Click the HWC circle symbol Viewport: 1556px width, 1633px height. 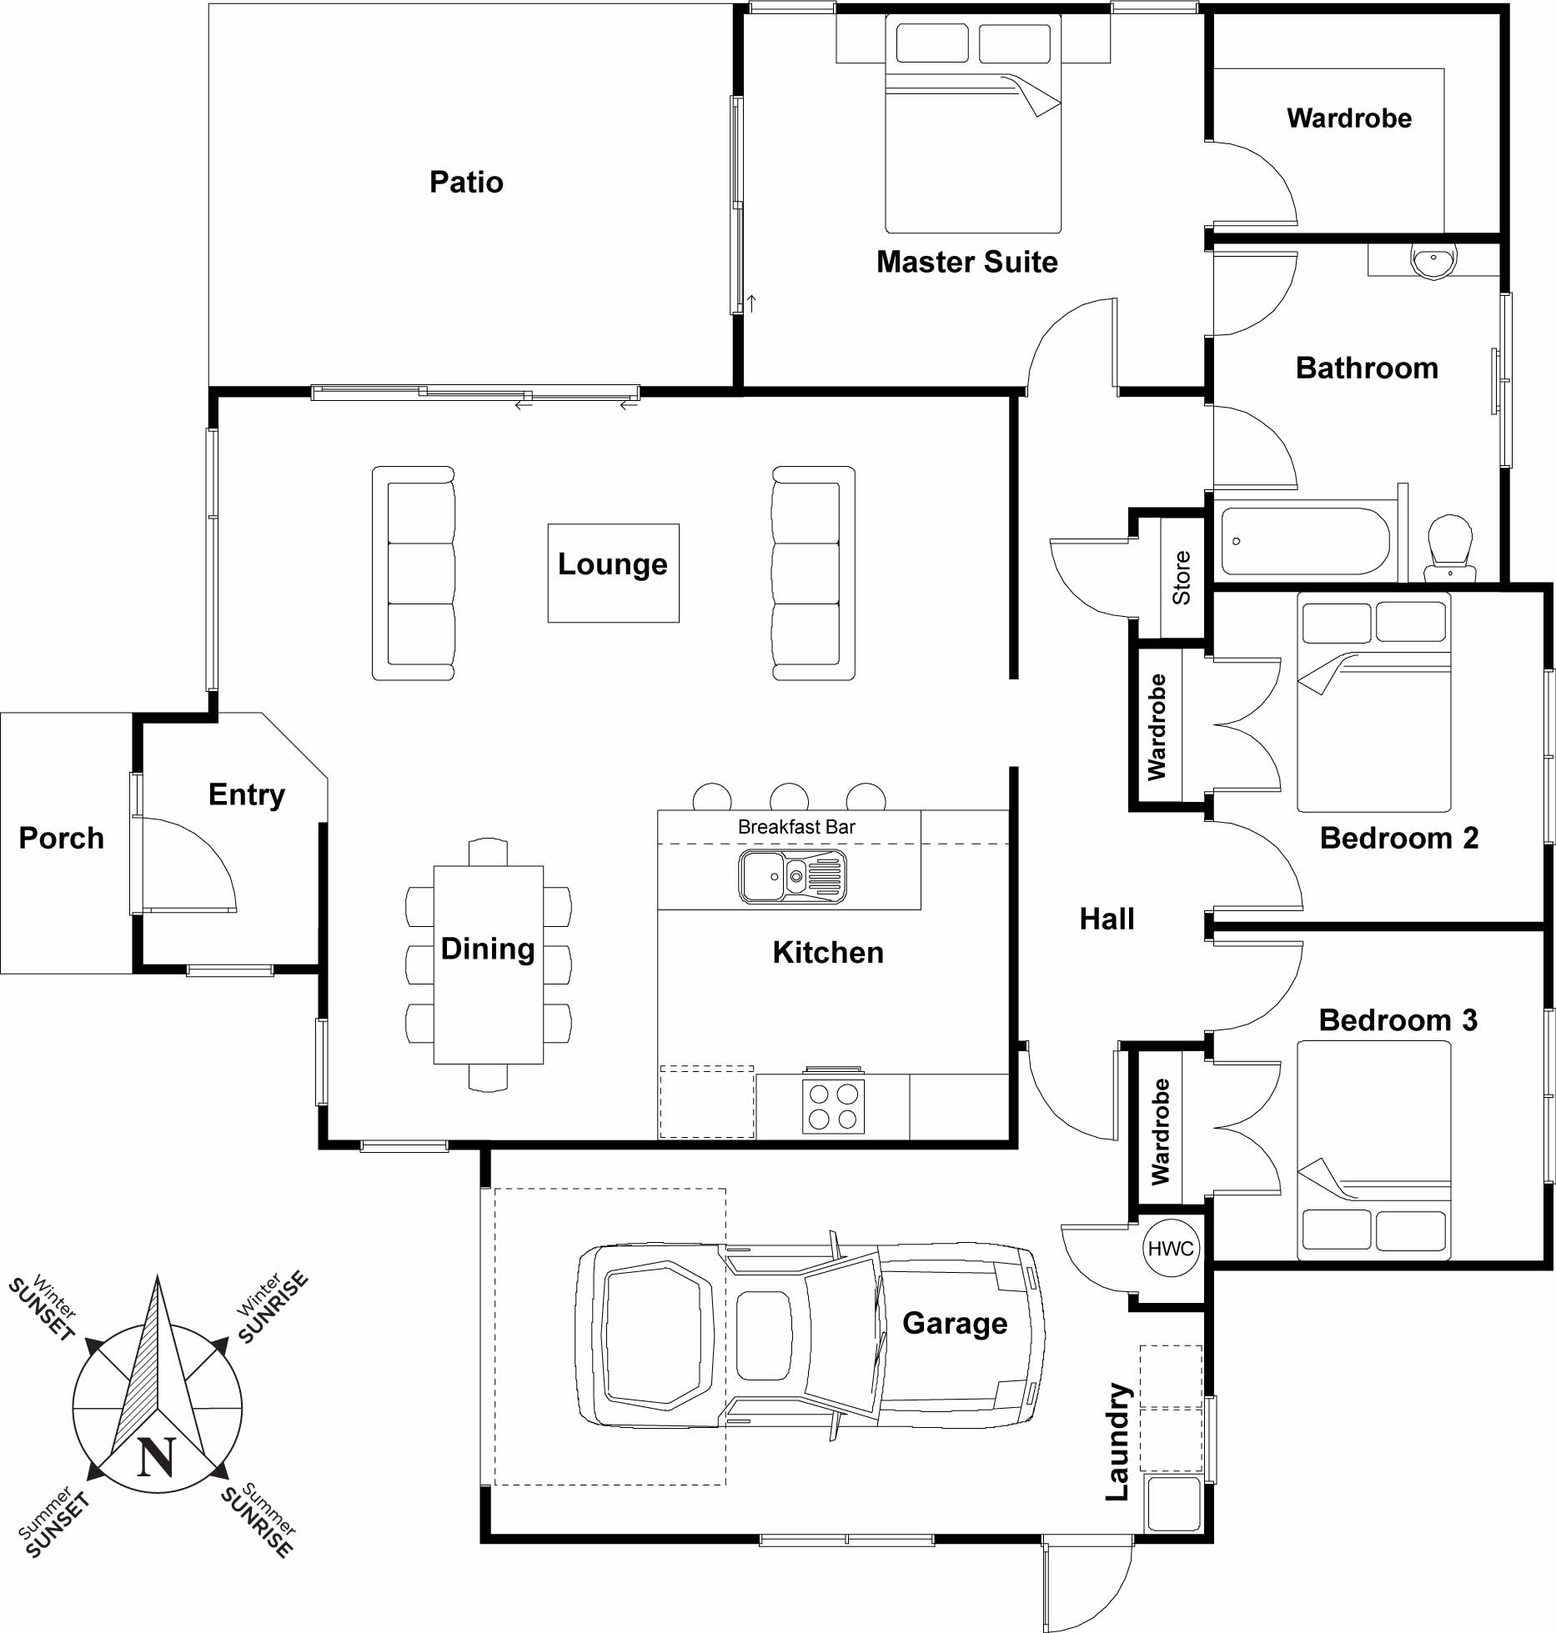tap(1171, 1248)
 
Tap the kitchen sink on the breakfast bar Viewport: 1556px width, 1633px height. tap(792, 876)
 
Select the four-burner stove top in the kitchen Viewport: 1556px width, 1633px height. tap(833, 1106)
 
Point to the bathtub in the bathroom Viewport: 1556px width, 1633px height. tap(1305, 541)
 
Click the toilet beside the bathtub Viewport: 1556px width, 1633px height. tap(1450, 548)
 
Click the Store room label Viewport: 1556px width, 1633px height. tap(1181, 578)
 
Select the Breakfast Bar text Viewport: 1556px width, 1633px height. tap(796, 827)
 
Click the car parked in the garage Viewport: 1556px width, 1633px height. tap(810, 1335)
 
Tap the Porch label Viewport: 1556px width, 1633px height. tap(62, 838)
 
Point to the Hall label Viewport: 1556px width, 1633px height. tap(1107, 919)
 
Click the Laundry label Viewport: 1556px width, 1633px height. tap(1118, 1441)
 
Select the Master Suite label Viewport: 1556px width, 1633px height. tap(967, 262)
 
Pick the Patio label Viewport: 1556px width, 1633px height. tap(466, 182)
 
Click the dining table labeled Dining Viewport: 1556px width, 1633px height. tap(489, 964)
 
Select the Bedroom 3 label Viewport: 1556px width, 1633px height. tap(1398, 1020)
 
